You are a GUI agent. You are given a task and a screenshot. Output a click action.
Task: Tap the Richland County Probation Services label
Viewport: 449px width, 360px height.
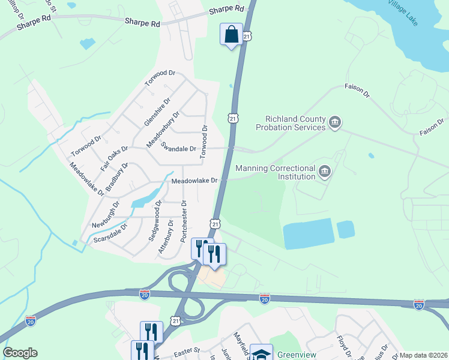(x=291, y=123)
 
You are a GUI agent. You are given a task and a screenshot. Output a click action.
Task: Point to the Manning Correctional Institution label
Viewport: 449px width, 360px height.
(x=276, y=172)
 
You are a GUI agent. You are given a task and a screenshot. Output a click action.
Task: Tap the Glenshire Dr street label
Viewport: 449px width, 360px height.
(x=158, y=112)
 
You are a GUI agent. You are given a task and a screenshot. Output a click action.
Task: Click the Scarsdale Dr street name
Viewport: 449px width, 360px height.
(x=111, y=235)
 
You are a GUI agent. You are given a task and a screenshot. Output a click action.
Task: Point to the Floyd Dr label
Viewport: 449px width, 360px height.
(x=343, y=346)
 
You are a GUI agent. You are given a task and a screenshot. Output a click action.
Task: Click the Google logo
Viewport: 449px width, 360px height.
(x=20, y=353)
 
